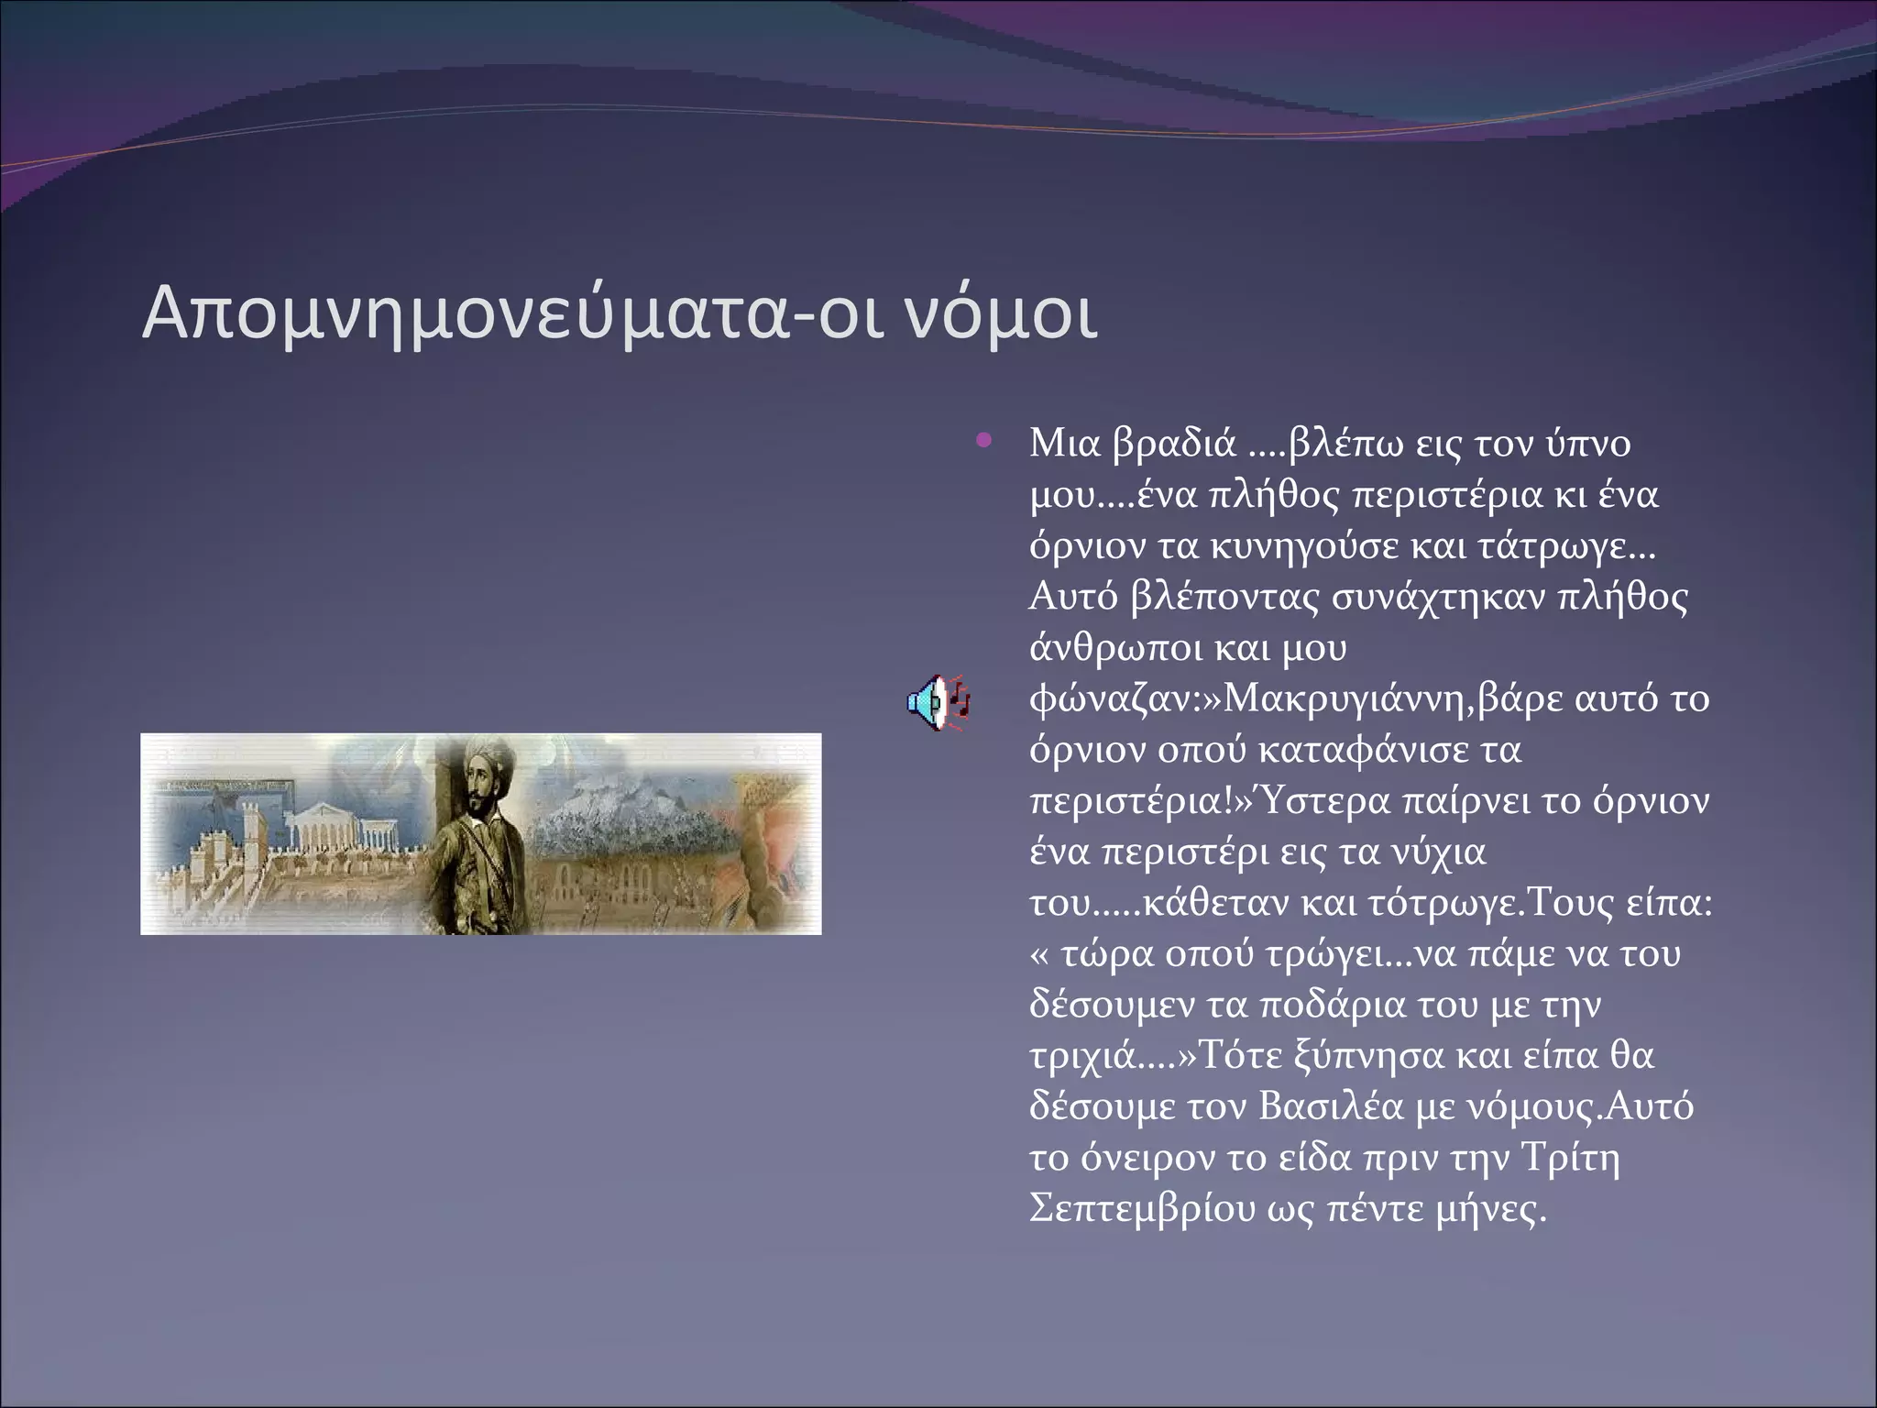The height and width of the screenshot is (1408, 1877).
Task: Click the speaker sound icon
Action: click(938, 704)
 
